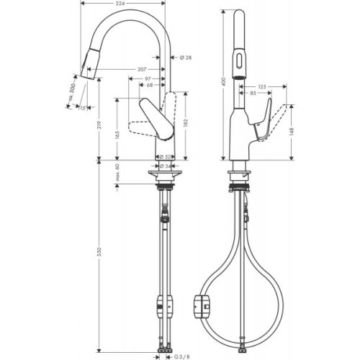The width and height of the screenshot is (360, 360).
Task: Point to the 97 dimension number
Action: click(x=146, y=78)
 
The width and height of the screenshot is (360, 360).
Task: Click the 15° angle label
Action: click(x=84, y=107)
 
